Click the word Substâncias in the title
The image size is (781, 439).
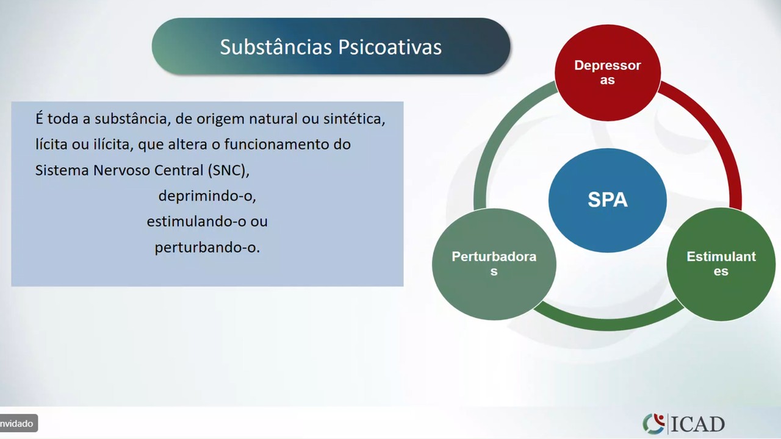tap(276, 47)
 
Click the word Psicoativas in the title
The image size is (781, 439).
tap(390, 48)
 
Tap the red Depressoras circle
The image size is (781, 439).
tap(608, 73)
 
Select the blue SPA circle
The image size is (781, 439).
tap(608, 200)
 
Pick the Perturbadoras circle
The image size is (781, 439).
tap(494, 264)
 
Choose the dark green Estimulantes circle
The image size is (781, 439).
tap(721, 264)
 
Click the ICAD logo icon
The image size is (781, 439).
tap(653, 424)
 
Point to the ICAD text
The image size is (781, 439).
tap(697, 424)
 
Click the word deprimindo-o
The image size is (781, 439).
tap(207, 196)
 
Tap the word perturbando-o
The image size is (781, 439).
tap(207, 248)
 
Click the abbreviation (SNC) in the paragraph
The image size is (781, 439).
tap(229, 170)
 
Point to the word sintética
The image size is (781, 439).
tap(355, 119)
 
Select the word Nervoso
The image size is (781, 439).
tap(121, 170)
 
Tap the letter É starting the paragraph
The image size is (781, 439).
tap(39, 118)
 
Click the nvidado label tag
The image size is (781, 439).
tap(18, 424)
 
